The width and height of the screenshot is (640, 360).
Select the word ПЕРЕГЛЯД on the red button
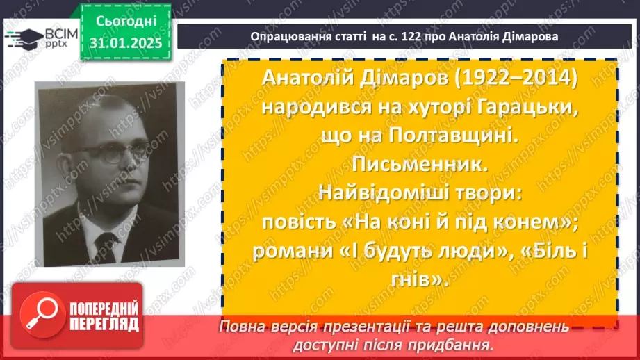coord(104,324)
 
